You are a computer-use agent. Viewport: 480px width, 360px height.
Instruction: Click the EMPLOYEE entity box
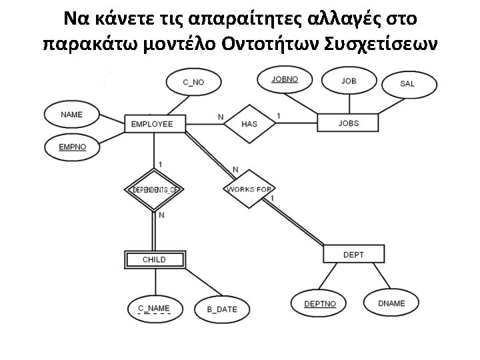click(x=152, y=124)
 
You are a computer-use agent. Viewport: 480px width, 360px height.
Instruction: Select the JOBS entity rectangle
click(x=348, y=123)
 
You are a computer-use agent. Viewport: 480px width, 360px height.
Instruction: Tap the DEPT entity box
click(x=353, y=255)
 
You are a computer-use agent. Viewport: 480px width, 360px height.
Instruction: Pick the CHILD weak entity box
click(x=154, y=259)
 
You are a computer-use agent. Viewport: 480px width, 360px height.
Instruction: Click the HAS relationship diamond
click(x=249, y=124)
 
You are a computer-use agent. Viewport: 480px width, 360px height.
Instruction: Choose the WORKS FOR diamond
click(x=249, y=189)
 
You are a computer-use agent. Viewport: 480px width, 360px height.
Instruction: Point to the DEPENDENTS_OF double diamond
click(x=154, y=190)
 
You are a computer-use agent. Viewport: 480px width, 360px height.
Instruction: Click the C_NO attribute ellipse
click(x=193, y=82)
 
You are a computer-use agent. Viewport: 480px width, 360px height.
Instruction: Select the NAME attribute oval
click(x=71, y=115)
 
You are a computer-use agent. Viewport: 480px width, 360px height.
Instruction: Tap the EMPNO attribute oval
click(x=72, y=147)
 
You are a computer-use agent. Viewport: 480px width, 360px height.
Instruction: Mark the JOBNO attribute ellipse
click(x=285, y=79)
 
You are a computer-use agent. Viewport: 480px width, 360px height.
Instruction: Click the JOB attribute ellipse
click(x=348, y=81)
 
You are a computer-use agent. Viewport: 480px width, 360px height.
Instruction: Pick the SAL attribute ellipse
click(x=407, y=84)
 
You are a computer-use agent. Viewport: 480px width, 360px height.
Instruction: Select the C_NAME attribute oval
click(x=154, y=308)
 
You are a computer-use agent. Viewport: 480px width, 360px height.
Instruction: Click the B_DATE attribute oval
click(x=221, y=309)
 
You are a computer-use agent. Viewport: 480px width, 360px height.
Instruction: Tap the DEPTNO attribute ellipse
click(x=320, y=304)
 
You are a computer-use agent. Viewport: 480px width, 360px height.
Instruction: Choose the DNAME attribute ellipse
click(x=391, y=303)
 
